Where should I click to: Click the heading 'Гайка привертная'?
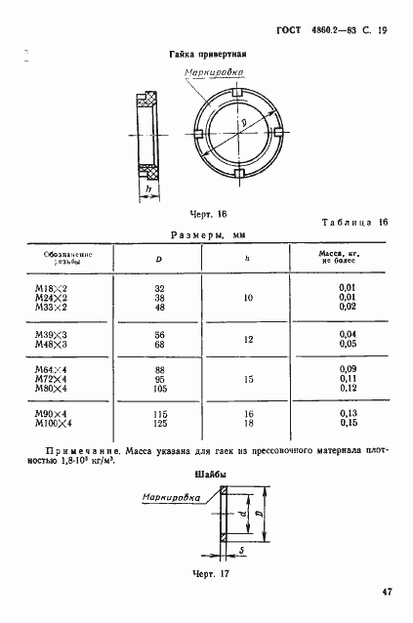tap(207, 55)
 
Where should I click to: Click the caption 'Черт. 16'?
tap(182, 212)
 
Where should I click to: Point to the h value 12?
tap(247, 340)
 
